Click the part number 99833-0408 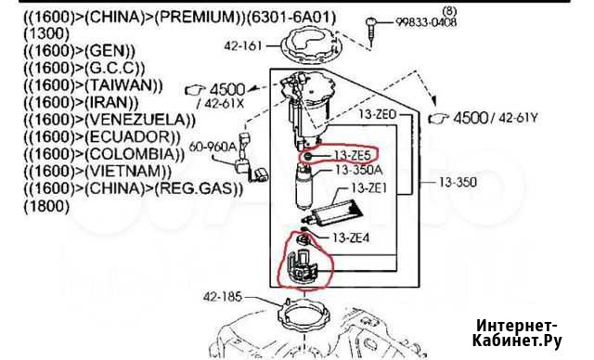pyautogui.click(x=426, y=22)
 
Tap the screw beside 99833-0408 pyautogui.click(x=371, y=32)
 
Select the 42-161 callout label pyautogui.click(x=243, y=45)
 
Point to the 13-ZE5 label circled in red pyautogui.click(x=352, y=155)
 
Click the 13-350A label pyautogui.click(x=359, y=170)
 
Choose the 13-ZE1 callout pyautogui.click(x=369, y=187)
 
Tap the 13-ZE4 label pyautogui.click(x=351, y=238)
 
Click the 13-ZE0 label pyautogui.click(x=378, y=113)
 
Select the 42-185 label pyautogui.click(x=223, y=296)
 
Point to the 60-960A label pyautogui.click(x=213, y=147)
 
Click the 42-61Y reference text pyautogui.click(x=518, y=118)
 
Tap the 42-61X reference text pyautogui.click(x=224, y=103)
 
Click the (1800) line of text pyautogui.click(x=46, y=206)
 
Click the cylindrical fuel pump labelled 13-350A pyautogui.click(x=304, y=187)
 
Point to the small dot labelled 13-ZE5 pyautogui.click(x=307, y=156)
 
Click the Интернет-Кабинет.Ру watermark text pyautogui.click(x=517, y=333)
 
